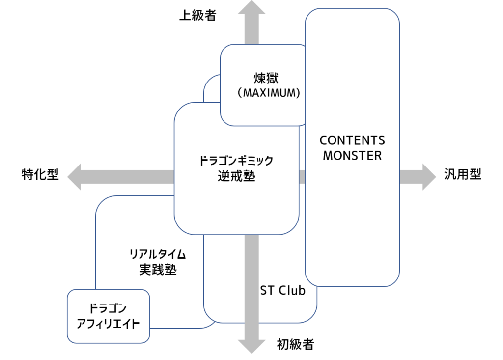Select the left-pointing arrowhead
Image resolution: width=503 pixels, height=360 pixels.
click(75, 176)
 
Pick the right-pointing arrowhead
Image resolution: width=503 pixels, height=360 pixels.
click(428, 176)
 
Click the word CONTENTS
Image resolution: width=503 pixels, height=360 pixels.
click(352, 140)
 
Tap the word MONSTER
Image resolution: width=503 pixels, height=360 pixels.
click(352, 156)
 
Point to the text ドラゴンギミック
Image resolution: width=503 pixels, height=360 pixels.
click(236, 161)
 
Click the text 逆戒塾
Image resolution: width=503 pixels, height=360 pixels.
click(236, 176)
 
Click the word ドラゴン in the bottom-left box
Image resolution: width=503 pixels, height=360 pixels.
click(108, 308)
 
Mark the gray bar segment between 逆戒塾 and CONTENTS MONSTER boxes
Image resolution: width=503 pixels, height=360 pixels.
click(302, 176)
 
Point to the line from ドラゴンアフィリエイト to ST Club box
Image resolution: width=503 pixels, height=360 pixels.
click(182, 328)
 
